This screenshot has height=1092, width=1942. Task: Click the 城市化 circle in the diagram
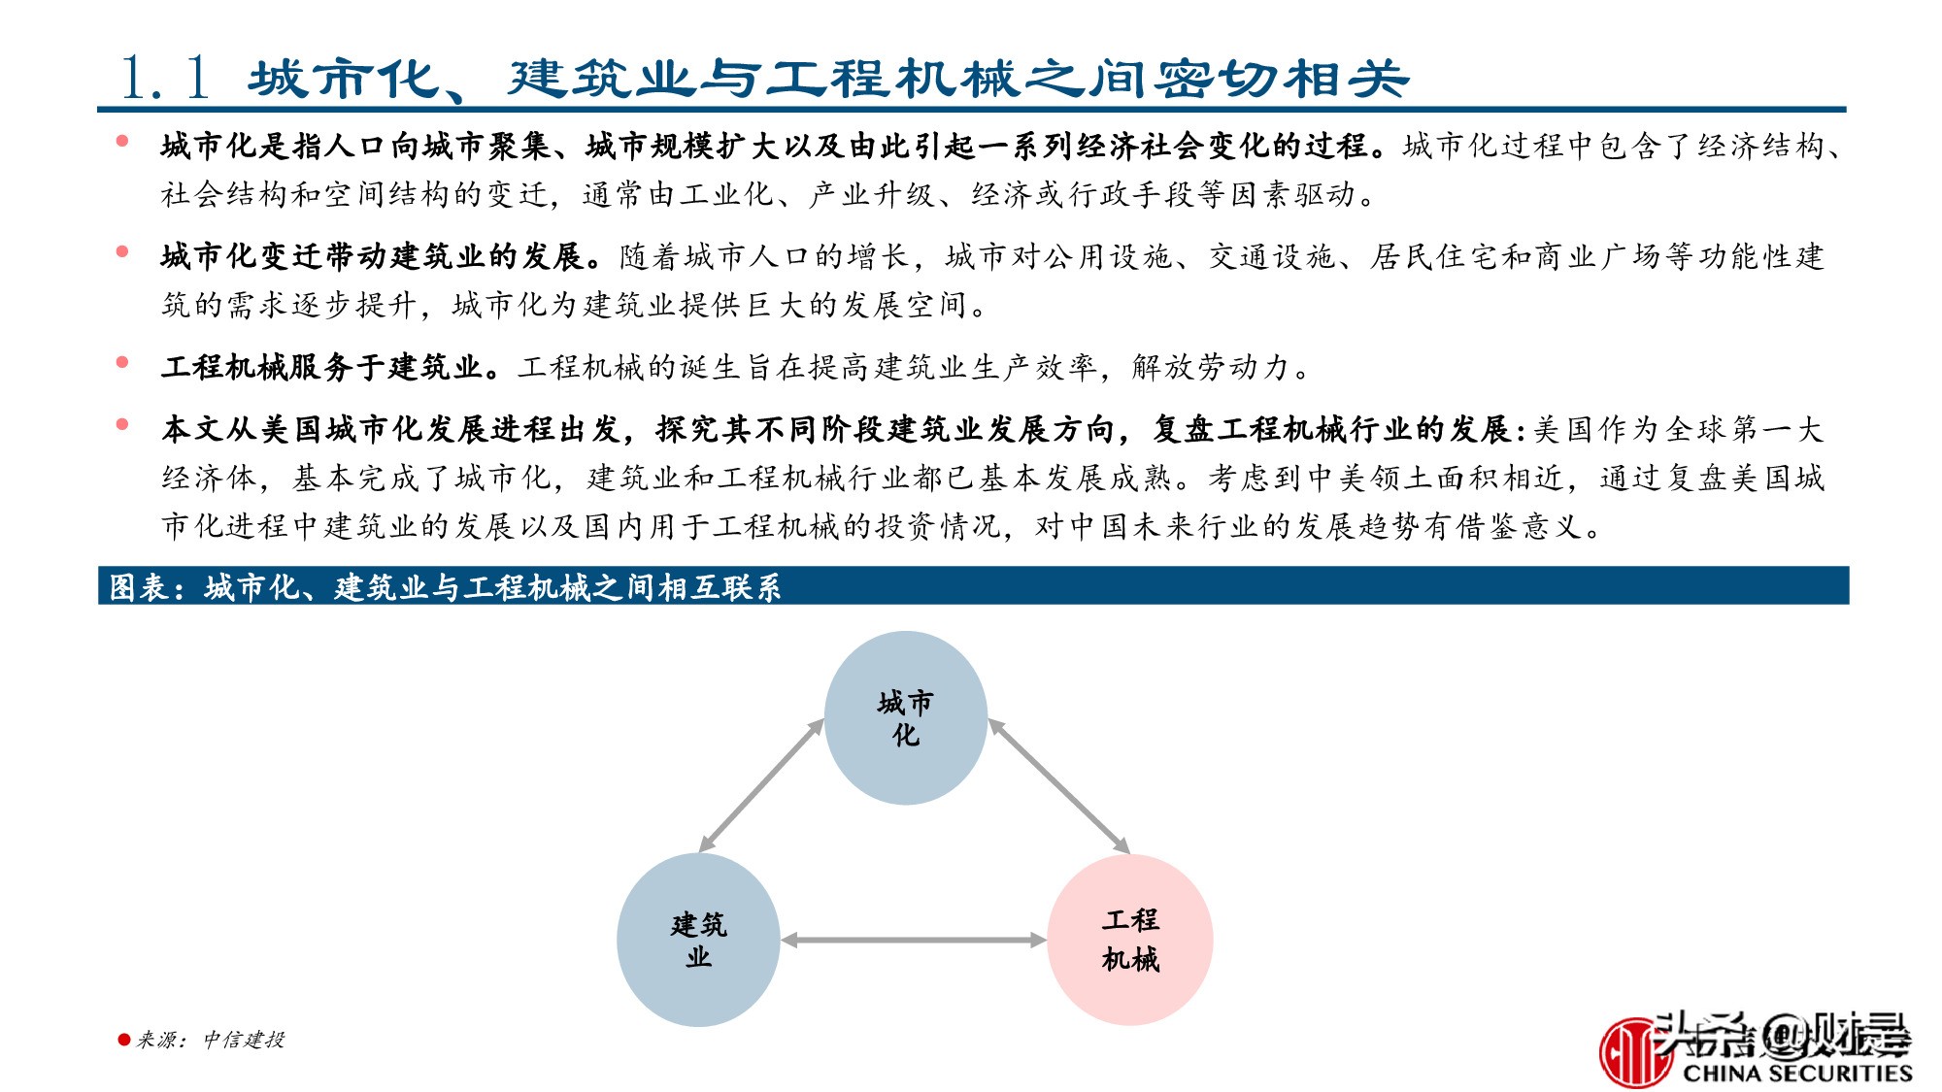point(905,718)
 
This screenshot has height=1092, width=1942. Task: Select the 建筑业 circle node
point(698,940)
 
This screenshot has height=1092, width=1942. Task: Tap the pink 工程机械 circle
point(1130,940)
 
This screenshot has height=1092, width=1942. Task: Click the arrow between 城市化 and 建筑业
point(761,786)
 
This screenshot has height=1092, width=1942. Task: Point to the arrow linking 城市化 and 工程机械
point(1058,786)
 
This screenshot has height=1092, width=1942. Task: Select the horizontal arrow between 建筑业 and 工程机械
point(913,940)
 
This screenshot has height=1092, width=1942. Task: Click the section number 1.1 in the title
point(165,78)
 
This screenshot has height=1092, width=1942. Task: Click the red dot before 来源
point(123,1040)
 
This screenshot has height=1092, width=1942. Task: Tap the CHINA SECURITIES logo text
point(1796,1073)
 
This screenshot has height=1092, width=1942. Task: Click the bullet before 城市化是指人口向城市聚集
point(122,142)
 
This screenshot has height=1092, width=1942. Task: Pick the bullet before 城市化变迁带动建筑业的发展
point(122,252)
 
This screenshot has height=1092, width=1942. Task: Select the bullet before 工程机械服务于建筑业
point(122,363)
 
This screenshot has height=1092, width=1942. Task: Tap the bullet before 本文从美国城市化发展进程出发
point(122,424)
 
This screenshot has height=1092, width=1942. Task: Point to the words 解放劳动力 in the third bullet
point(1210,367)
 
